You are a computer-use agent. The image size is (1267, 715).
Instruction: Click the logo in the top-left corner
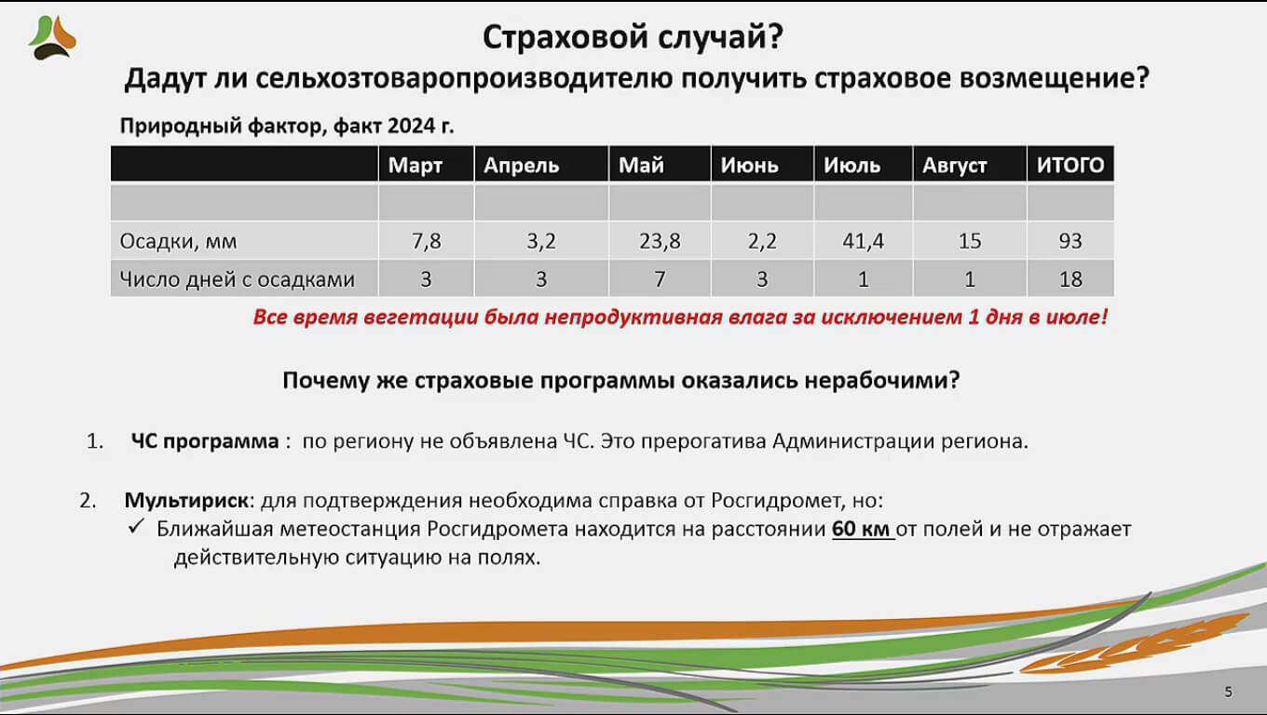[52, 37]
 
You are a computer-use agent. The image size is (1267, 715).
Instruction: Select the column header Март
[416, 165]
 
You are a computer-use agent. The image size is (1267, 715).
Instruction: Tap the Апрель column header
[522, 166]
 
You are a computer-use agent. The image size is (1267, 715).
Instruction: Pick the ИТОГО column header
[1070, 165]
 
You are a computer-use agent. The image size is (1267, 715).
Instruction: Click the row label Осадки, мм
[178, 241]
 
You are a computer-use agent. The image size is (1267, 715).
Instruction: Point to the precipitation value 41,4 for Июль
[863, 241]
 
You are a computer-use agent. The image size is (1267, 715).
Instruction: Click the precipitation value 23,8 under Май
[661, 241]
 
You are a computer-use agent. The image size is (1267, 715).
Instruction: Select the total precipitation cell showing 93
[1070, 241]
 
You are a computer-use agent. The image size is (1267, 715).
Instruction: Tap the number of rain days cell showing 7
[661, 279]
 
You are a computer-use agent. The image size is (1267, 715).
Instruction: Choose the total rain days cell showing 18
[1070, 279]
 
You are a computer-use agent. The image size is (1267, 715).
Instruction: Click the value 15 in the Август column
[970, 241]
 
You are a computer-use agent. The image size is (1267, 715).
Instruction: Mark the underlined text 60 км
[861, 530]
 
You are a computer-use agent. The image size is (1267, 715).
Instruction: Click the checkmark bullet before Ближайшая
[136, 527]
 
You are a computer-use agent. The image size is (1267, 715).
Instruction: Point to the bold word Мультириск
[186, 501]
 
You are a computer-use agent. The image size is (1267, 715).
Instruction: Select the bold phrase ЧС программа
[205, 441]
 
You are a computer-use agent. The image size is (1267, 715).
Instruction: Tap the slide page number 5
[1228, 692]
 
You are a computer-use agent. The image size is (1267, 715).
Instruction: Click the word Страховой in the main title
[565, 37]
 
